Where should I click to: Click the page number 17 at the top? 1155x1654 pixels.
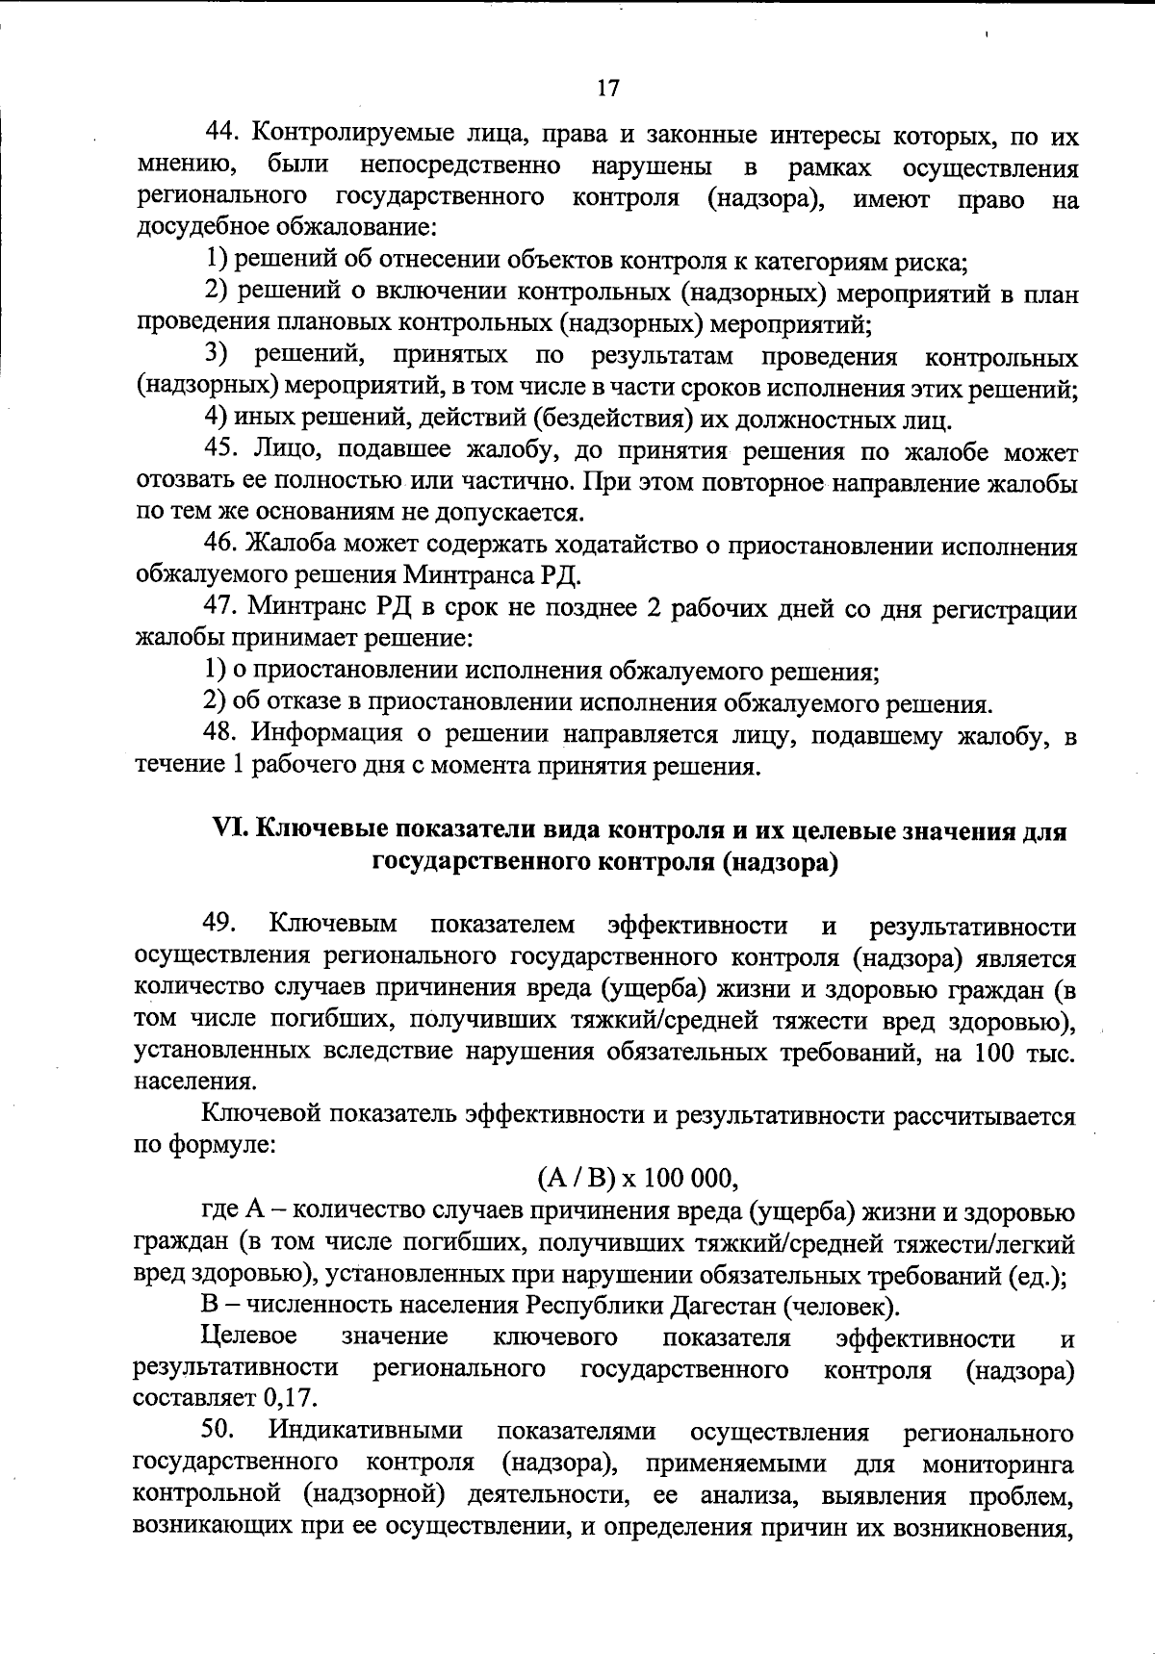[606, 89]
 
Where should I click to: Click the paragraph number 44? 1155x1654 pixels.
[223, 136]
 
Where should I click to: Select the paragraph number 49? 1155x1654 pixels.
[219, 925]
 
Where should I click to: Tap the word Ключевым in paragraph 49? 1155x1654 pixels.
[333, 925]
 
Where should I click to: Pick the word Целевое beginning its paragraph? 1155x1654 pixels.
[249, 1337]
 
